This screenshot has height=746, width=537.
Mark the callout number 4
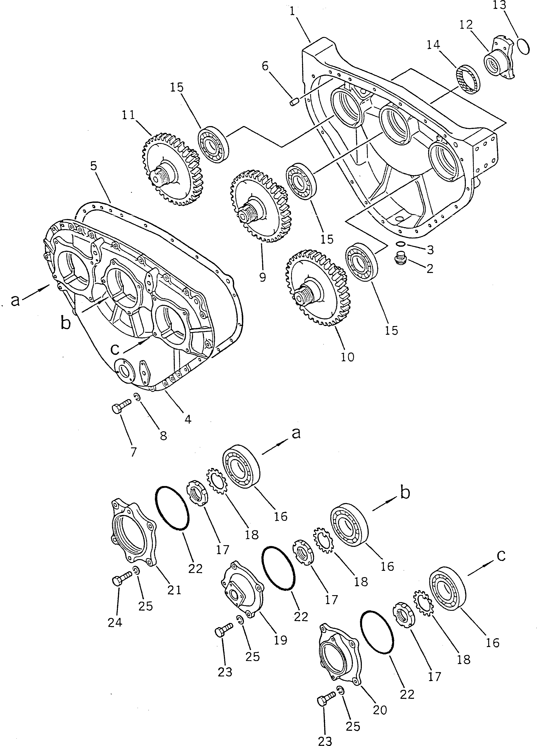188,419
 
